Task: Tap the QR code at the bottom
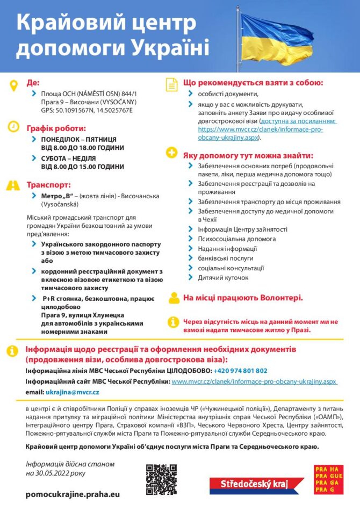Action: [161, 479]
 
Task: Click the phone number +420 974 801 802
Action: [240, 371]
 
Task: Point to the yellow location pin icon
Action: [13, 85]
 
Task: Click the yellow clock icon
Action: [13, 127]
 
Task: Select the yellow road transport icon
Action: [13, 185]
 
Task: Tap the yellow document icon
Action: [171, 84]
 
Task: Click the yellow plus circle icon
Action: [171, 153]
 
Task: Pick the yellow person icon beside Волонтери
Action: [174, 298]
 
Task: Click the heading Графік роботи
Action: [56, 128]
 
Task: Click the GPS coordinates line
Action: [87, 110]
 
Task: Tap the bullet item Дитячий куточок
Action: [223, 278]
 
